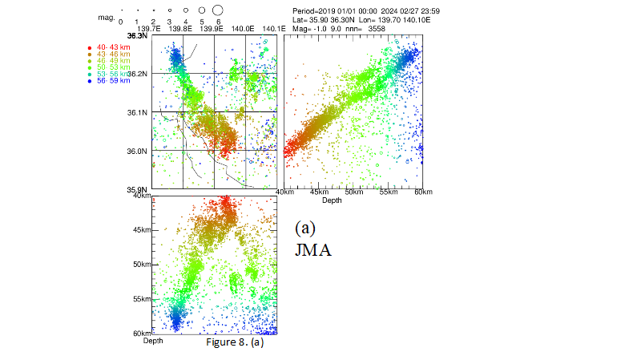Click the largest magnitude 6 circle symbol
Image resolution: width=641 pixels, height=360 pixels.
pos(217,10)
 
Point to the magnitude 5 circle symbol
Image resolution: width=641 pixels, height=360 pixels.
pos(201,10)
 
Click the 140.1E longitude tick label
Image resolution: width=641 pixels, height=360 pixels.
pos(273,28)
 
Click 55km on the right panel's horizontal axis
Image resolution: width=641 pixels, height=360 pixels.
pos(388,192)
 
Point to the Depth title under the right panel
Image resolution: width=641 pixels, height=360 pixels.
pos(331,200)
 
